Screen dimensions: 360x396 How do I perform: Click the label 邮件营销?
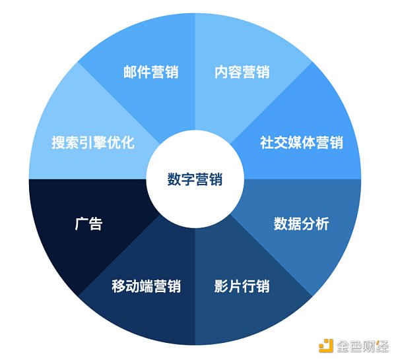pos(151,71)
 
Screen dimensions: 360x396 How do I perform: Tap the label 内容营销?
pos(242,71)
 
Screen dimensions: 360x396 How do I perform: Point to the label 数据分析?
pos(302,224)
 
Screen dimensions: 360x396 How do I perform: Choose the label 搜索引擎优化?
pos(93,142)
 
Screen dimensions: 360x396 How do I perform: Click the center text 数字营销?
pos(195,179)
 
